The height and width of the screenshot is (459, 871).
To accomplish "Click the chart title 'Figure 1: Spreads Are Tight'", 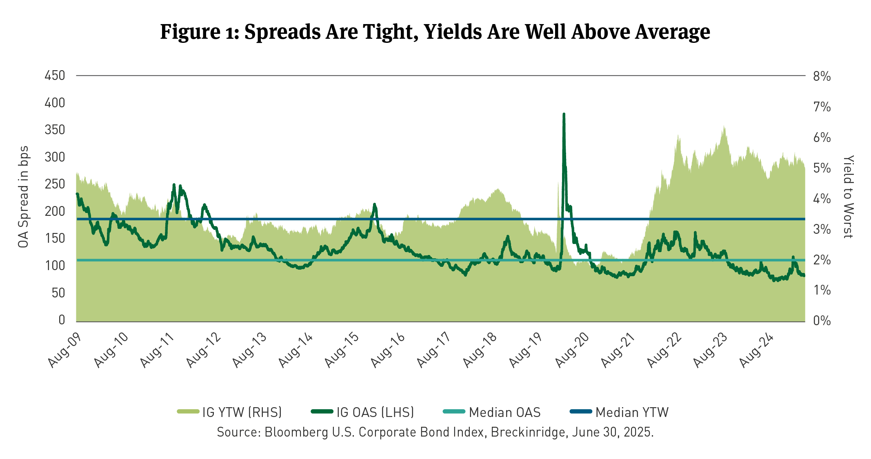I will pos(435,32).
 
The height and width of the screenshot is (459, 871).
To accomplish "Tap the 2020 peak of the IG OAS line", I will pos(564,115).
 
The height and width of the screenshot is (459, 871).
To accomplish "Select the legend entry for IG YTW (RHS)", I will pos(229,412).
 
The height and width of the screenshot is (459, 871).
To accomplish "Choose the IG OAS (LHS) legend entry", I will pos(363,412).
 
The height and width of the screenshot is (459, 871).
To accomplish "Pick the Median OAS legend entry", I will pos(492,412).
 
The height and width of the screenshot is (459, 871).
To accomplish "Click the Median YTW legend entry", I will pos(620,412).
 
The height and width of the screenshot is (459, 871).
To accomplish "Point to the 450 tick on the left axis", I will pos(55,75).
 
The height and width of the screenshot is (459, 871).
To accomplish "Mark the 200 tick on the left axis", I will pos(55,211).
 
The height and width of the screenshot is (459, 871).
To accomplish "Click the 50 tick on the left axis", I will pos(58,293).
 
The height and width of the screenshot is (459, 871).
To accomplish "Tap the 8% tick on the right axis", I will pos(822,76).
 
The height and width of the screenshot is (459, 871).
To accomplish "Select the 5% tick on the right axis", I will pos(822,168).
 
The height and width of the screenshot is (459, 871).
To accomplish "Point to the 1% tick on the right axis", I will pos(822,290).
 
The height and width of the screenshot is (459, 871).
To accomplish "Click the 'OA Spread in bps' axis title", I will pos(23,197).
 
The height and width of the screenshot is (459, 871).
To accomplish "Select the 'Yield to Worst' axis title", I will pos(848,197).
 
